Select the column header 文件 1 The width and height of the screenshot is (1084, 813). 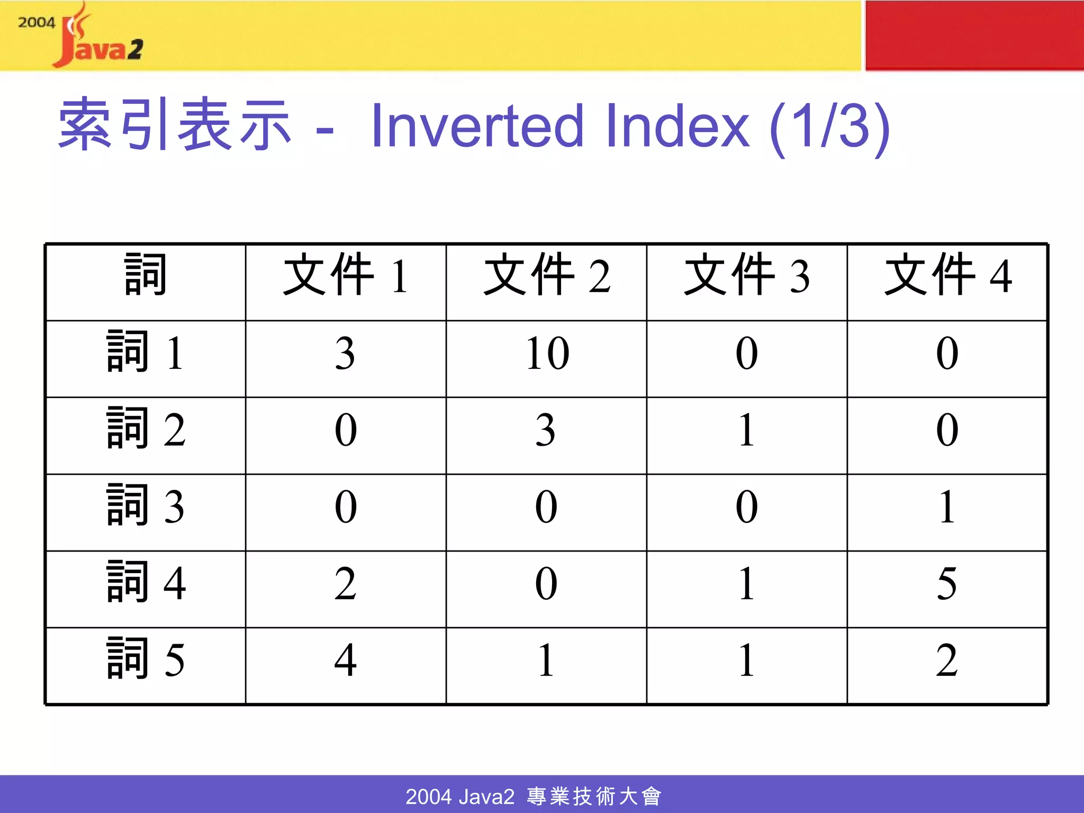(346, 276)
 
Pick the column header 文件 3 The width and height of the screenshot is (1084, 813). (746, 276)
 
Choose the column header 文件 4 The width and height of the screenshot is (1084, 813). (947, 276)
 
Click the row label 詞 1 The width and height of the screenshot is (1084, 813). (145, 352)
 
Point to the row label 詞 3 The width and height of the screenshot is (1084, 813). (145, 506)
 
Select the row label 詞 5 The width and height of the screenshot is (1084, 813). (145, 660)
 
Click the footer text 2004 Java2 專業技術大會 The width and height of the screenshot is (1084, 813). (534, 796)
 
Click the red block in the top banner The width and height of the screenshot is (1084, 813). (974, 35)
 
